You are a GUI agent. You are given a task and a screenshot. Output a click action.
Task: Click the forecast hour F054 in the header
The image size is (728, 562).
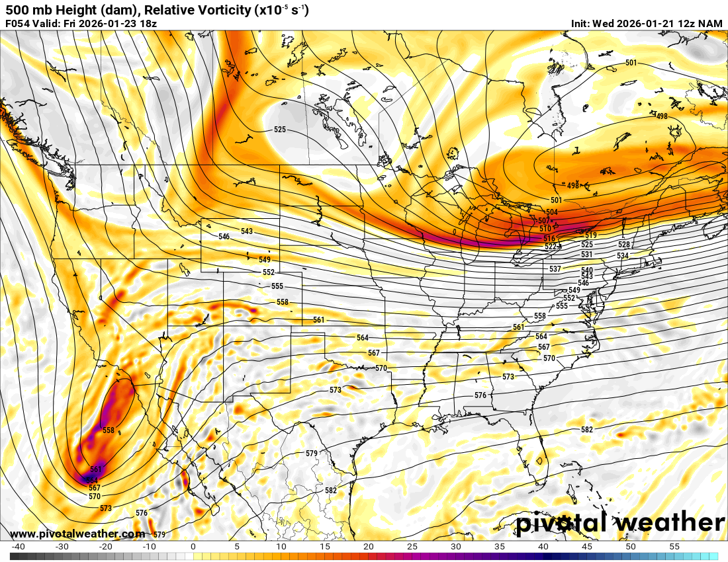point(17,24)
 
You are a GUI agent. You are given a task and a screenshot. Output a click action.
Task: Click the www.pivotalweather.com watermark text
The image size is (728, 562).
point(78,534)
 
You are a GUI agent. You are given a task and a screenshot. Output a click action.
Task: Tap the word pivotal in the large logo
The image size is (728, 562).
point(561,522)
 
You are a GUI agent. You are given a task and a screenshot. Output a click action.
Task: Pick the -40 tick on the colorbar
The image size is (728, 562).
point(18,547)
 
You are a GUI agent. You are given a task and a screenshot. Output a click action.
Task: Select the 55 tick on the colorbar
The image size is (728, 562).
point(674,547)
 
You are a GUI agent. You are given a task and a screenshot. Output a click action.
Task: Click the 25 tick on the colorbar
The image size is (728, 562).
point(412,547)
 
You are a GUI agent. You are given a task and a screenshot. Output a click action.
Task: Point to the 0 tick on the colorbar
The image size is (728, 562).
point(193,547)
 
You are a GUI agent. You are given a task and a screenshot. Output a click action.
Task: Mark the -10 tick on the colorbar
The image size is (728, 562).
point(149,547)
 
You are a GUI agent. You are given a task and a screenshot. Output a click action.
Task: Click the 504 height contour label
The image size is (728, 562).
point(552,212)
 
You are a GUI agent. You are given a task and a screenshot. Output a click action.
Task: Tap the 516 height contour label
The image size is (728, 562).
point(549,238)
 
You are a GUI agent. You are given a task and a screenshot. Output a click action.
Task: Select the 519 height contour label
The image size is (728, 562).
point(591,235)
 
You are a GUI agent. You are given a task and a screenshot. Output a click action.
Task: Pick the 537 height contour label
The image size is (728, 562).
point(555,269)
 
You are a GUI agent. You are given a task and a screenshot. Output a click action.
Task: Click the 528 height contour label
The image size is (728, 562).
point(624,245)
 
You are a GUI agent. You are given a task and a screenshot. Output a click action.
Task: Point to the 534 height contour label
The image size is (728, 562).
point(622,255)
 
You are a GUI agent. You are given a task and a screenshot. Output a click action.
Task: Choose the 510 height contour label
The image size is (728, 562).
point(545,228)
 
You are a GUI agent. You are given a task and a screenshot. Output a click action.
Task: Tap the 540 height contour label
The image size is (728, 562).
point(587,270)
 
